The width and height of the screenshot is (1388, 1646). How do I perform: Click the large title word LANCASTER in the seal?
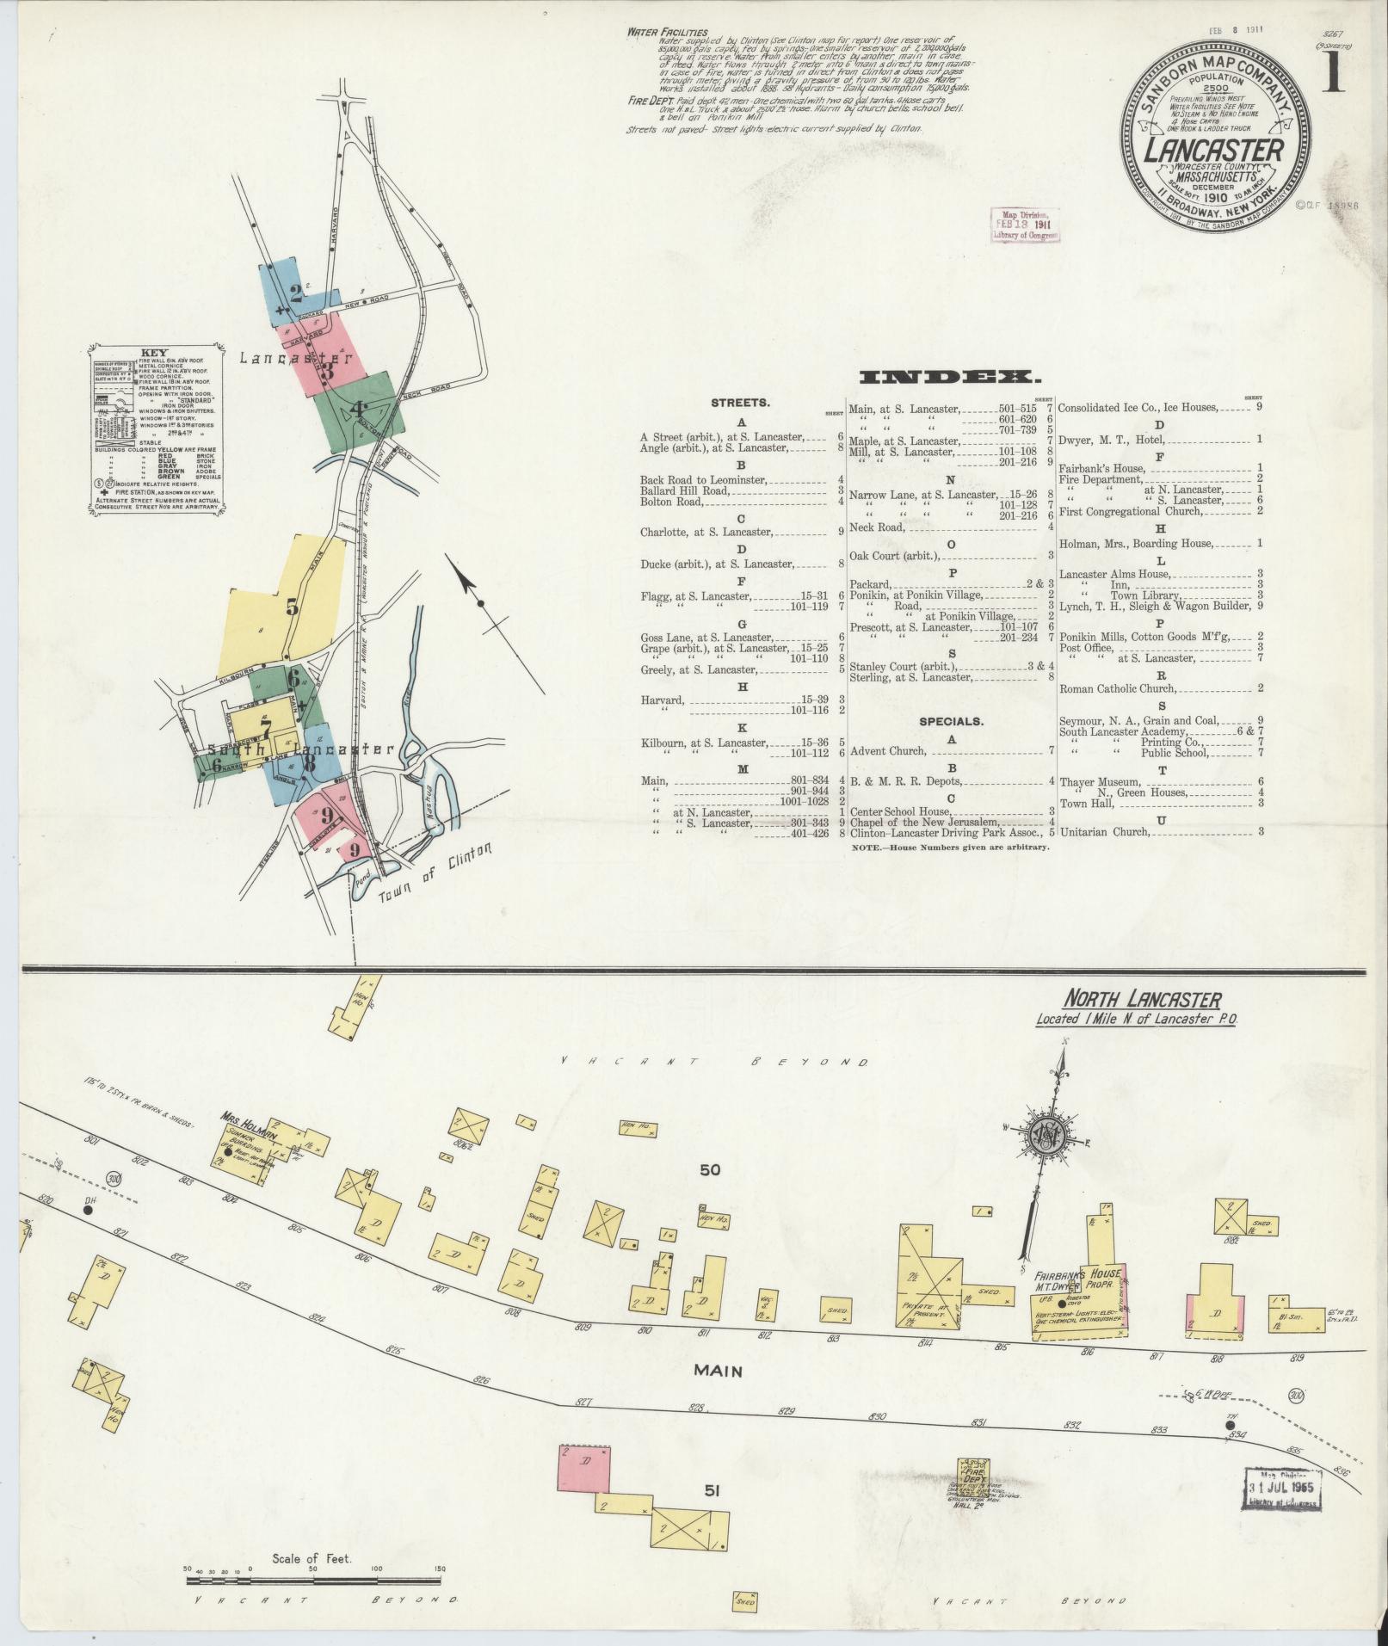click(1214, 151)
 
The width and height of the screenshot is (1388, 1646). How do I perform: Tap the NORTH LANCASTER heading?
click(1142, 1000)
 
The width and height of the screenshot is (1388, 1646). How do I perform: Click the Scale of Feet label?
click(311, 1557)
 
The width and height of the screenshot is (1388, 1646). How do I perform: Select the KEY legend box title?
click(154, 353)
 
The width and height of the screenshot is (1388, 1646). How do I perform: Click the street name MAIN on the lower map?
click(719, 1369)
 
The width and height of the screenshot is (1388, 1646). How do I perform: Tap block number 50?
click(710, 1170)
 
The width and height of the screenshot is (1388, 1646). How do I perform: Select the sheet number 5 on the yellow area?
click(293, 607)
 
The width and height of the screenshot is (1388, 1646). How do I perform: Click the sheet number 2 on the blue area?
click(297, 293)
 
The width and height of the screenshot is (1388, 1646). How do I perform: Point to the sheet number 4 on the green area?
click(357, 410)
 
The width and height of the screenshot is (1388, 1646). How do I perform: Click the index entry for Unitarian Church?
click(1104, 832)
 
